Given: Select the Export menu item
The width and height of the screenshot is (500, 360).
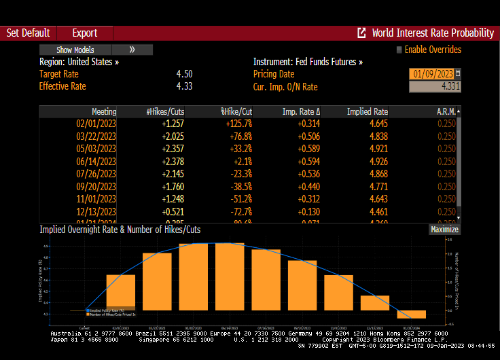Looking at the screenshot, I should (84, 33).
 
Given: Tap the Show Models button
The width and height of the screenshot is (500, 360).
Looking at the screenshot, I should (75, 50).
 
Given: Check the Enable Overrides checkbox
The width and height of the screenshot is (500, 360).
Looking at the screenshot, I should (399, 50).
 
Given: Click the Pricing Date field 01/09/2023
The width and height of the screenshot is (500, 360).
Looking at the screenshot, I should (432, 73).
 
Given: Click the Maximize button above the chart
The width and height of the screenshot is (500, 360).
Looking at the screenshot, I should (445, 230).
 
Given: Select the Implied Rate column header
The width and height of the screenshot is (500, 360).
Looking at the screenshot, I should (368, 111).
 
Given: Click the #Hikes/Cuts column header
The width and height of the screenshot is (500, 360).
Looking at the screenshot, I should (165, 111).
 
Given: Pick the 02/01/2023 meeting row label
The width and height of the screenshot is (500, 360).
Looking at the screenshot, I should (96, 124).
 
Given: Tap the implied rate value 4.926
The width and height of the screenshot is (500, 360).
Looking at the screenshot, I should (378, 161).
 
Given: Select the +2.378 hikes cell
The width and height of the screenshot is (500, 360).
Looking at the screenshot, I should (173, 161).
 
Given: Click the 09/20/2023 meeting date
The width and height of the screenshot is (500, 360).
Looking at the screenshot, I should (96, 185).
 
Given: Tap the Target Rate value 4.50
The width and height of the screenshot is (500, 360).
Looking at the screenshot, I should (184, 74).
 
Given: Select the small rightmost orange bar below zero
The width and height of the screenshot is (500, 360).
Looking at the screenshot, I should (412, 314).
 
